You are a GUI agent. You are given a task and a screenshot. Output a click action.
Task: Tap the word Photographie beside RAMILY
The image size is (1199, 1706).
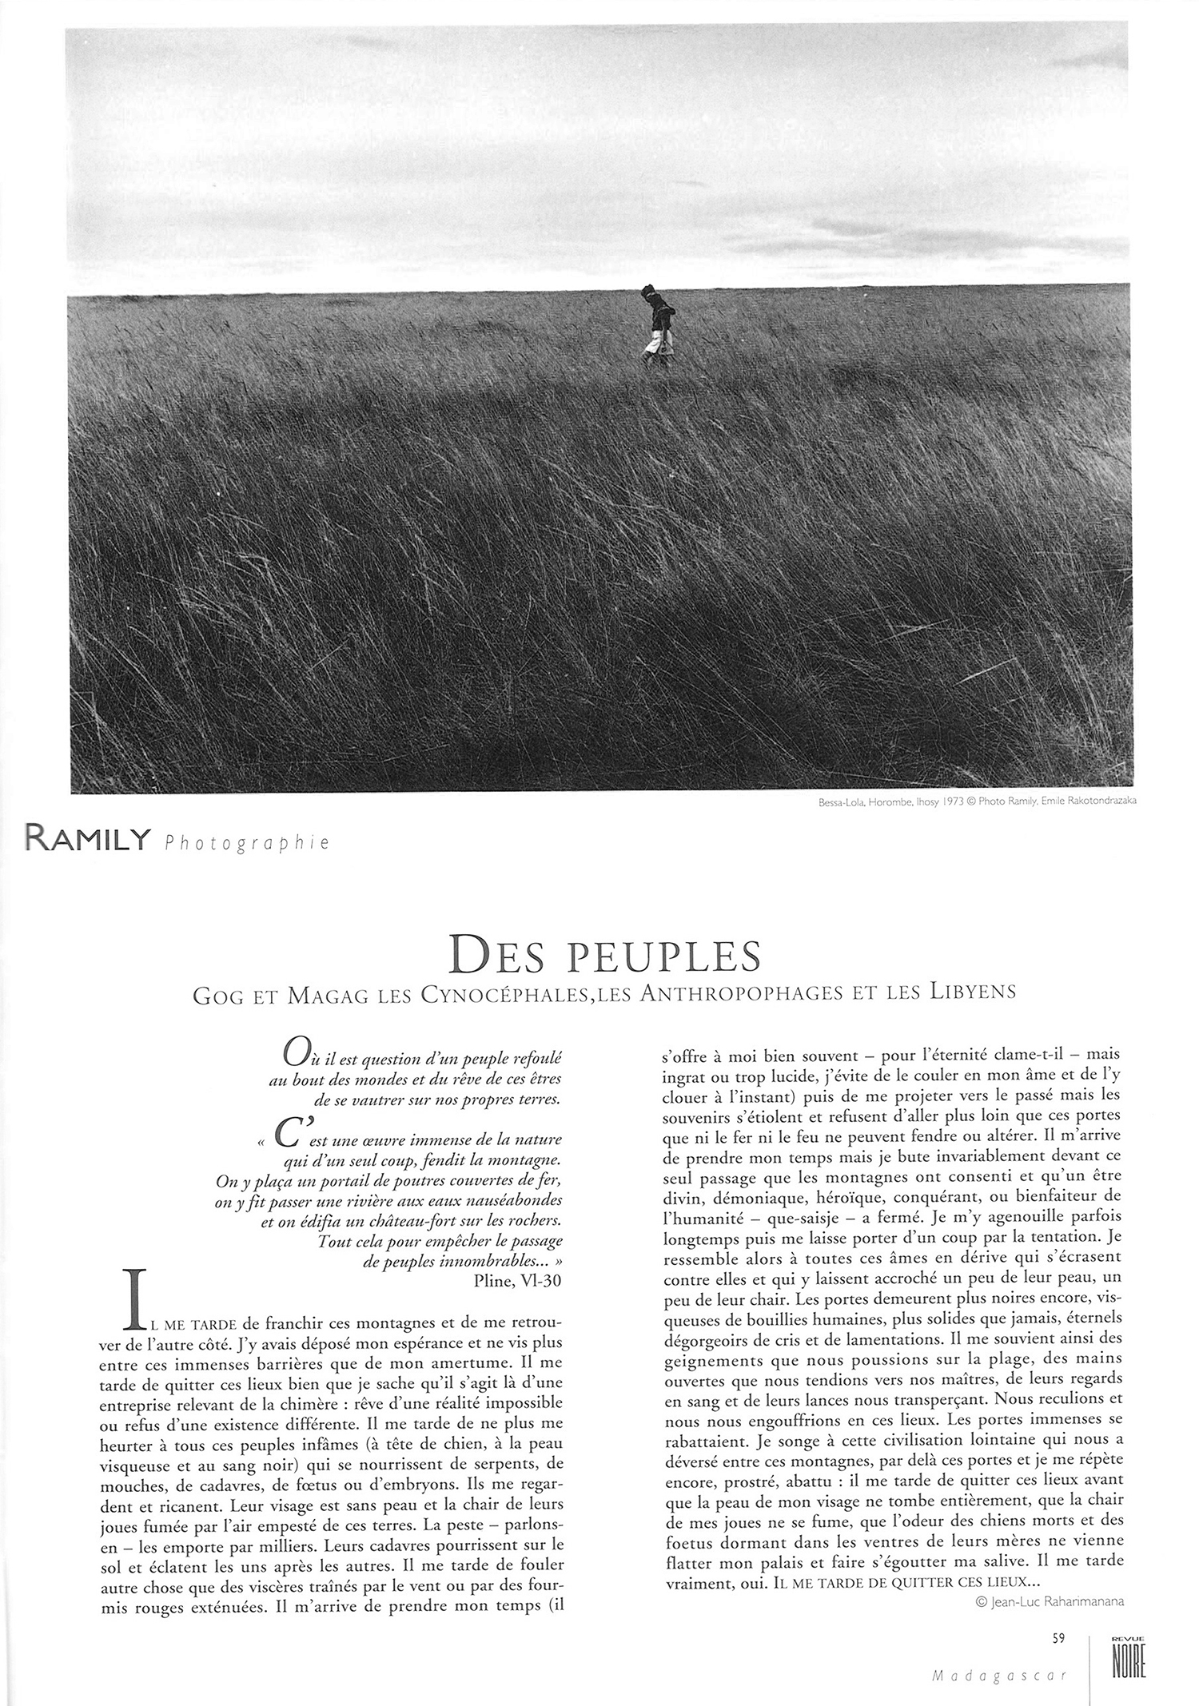(247, 843)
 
